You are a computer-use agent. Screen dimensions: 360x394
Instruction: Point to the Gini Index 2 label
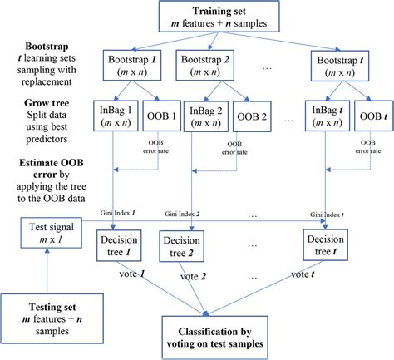click(204, 215)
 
